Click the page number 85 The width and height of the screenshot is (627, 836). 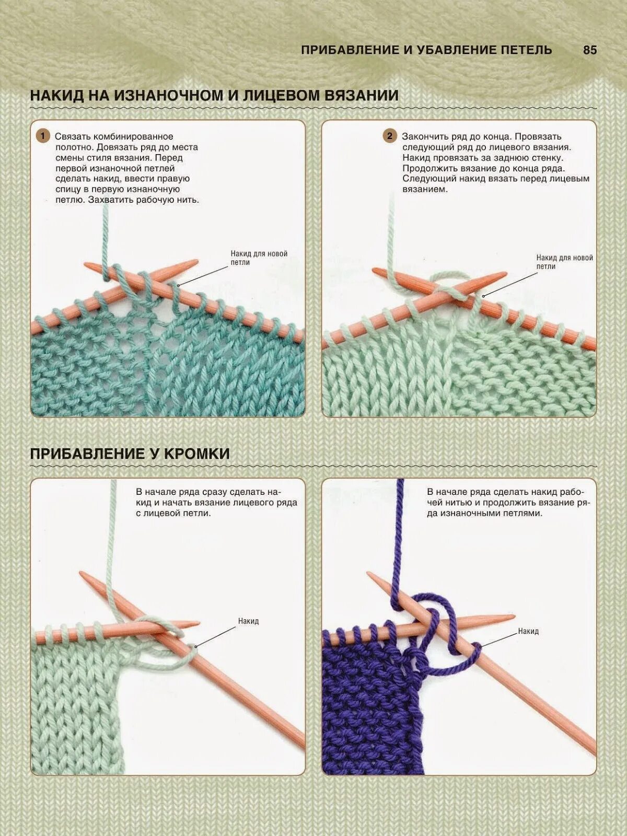(x=589, y=50)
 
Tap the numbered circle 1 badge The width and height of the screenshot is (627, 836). (x=43, y=136)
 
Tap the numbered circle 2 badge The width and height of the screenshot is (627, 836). (x=389, y=136)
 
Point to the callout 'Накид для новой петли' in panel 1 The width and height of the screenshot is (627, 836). (x=259, y=258)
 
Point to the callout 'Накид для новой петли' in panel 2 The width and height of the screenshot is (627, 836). (x=564, y=262)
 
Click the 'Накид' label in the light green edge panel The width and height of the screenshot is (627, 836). (x=248, y=621)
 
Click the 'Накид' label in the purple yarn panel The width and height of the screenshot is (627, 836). (x=528, y=631)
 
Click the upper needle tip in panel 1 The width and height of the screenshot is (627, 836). (x=191, y=262)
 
